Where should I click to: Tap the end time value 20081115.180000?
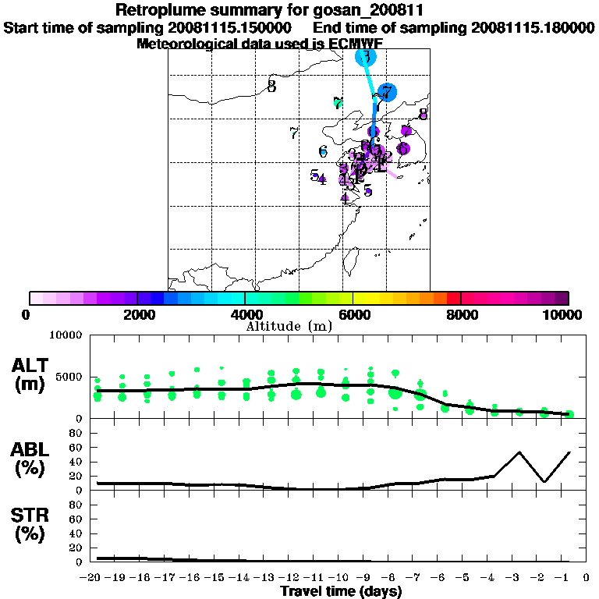coord(533,27)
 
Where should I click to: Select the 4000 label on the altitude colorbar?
coord(245,314)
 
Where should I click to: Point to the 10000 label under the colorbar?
coord(565,314)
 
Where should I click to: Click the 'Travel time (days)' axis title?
coord(341,592)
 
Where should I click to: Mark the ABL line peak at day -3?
coord(519,452)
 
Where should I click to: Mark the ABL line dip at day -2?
coord(544,481)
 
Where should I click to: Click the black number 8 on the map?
coord(271,87)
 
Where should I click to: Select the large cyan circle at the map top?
coord(366,56)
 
